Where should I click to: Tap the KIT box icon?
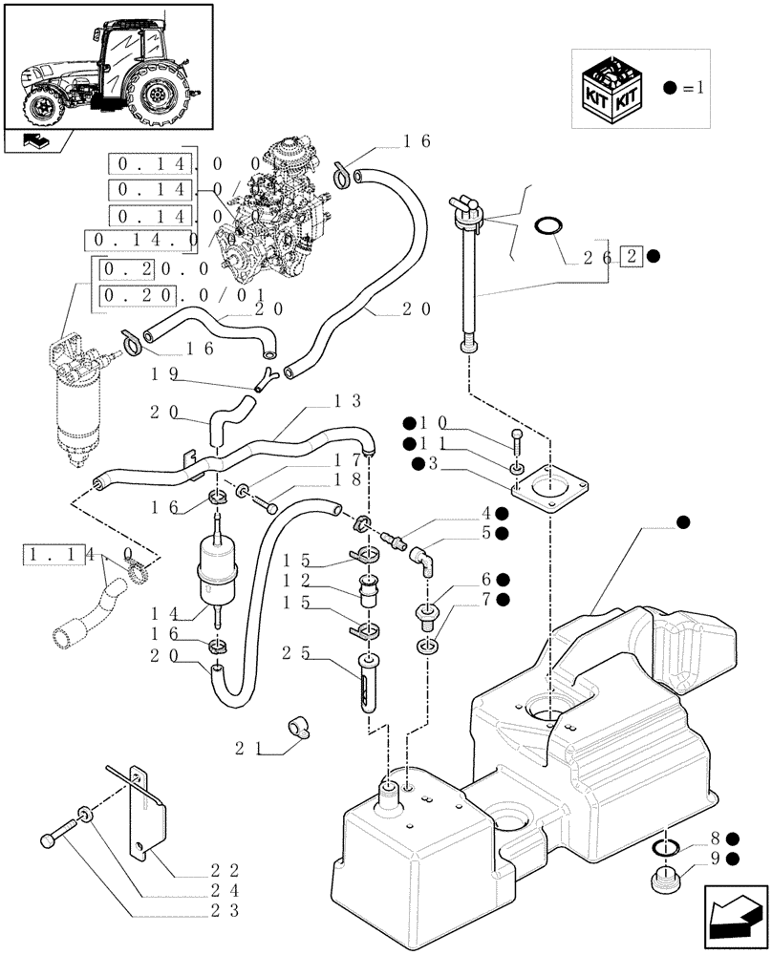[x=612, y=87]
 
